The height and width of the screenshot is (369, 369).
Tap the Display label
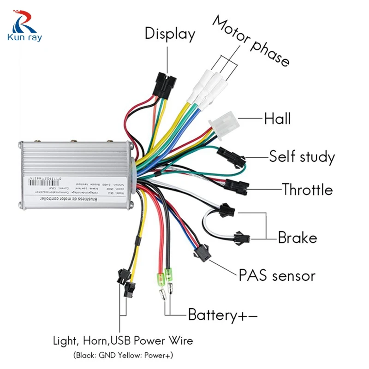(x=170, y=34)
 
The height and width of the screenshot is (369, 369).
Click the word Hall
(x=277, y=119)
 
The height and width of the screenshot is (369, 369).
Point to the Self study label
(x=302, y=157)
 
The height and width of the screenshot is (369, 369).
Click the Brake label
(x=298, y=238)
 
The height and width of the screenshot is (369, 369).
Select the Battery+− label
(x=222, y=315)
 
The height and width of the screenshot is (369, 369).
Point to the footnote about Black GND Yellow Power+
(x=123, y=356)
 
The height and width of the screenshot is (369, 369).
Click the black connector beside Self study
(x=228, y=153)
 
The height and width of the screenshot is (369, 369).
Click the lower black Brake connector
(x=241, y=237)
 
